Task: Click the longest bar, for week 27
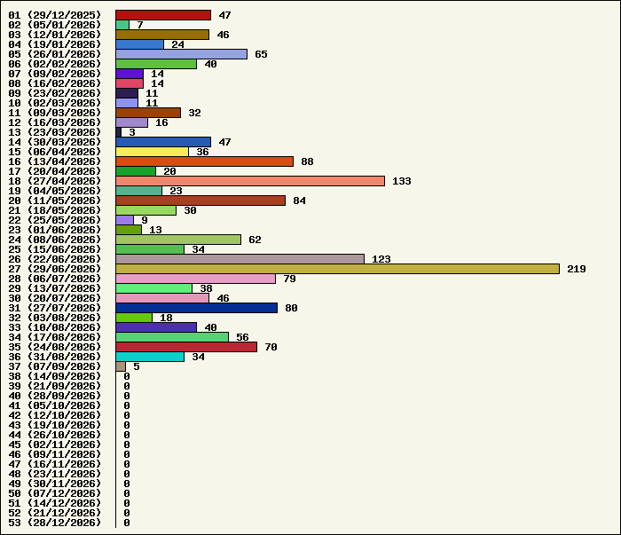coord(337,269)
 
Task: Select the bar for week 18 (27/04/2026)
coord(250,181)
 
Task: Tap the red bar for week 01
coord(163,15)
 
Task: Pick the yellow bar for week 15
coord(152,152)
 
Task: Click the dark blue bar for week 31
coord(196,308)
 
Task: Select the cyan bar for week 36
coord(150,357)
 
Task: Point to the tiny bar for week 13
coord(118,132)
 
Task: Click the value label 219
coord(577,270)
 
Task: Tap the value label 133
coord(402,181)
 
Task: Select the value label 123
coord(381,259)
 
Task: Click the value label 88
coord(307,162)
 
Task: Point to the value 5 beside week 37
coord(137,366)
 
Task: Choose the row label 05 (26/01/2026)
coord(55,54)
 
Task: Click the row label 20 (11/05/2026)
coord(55,201)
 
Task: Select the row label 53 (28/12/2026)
coord(55,523)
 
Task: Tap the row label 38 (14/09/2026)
coord(55,376)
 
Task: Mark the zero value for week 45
coord(127,445)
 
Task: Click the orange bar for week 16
coord(204,161)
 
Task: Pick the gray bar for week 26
coord(240,259)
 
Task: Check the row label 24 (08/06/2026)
coord(55,240)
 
